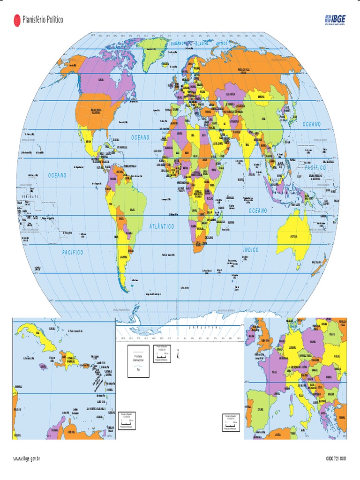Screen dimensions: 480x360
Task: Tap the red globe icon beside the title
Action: point(16,19)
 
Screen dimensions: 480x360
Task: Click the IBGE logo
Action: point(336,19)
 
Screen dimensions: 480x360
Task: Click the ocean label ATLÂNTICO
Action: point(162,226)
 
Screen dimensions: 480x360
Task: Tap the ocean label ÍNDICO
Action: point(251,250)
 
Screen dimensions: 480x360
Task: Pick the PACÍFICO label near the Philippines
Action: point(318,167)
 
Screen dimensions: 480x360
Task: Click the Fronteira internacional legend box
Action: point(138,360)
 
